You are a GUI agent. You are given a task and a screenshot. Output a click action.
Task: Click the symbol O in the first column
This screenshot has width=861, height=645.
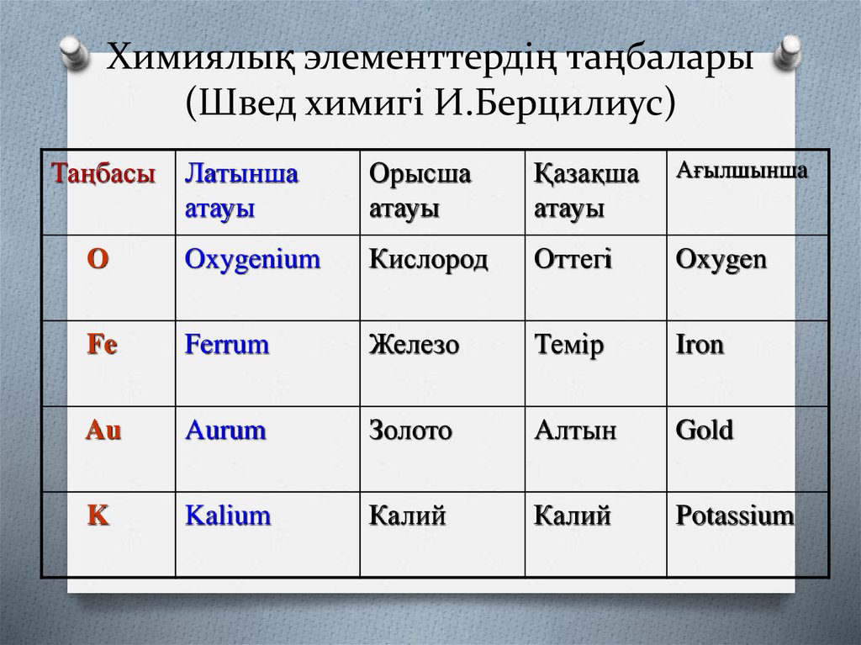(98, 260)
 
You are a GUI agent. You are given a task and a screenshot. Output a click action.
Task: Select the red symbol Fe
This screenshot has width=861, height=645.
(103, 346)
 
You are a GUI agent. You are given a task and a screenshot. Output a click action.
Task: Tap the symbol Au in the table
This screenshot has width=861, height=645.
(104, 431)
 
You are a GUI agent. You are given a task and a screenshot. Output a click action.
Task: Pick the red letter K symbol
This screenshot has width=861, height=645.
(99, 515)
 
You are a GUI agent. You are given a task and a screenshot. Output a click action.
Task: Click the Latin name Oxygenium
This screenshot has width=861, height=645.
(252, 260)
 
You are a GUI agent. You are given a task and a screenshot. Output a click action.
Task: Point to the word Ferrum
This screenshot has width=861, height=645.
(227, 346)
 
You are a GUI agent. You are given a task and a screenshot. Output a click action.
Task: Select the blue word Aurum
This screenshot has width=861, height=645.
(225, 431)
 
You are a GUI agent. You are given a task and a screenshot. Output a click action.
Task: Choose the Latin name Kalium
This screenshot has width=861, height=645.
(228, 515)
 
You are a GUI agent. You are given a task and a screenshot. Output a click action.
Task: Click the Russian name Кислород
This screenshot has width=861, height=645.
(429, 260)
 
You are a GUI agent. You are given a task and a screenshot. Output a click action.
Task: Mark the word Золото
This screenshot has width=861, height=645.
(411, 431)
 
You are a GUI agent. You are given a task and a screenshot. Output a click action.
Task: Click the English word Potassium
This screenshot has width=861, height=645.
(735, 515)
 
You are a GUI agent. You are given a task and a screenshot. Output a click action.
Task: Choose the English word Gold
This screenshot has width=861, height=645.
(705, 431)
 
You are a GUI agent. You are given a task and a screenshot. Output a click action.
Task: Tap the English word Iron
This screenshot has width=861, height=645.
(700, 346)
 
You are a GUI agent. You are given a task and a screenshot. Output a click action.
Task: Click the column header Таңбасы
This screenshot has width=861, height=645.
(104, 175)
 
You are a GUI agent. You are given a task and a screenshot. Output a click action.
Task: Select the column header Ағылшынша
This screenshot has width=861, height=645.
(742, 171)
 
